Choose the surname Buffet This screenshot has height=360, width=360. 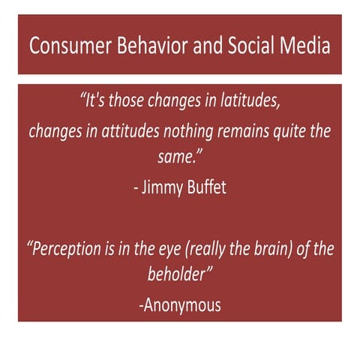point(208,187)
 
